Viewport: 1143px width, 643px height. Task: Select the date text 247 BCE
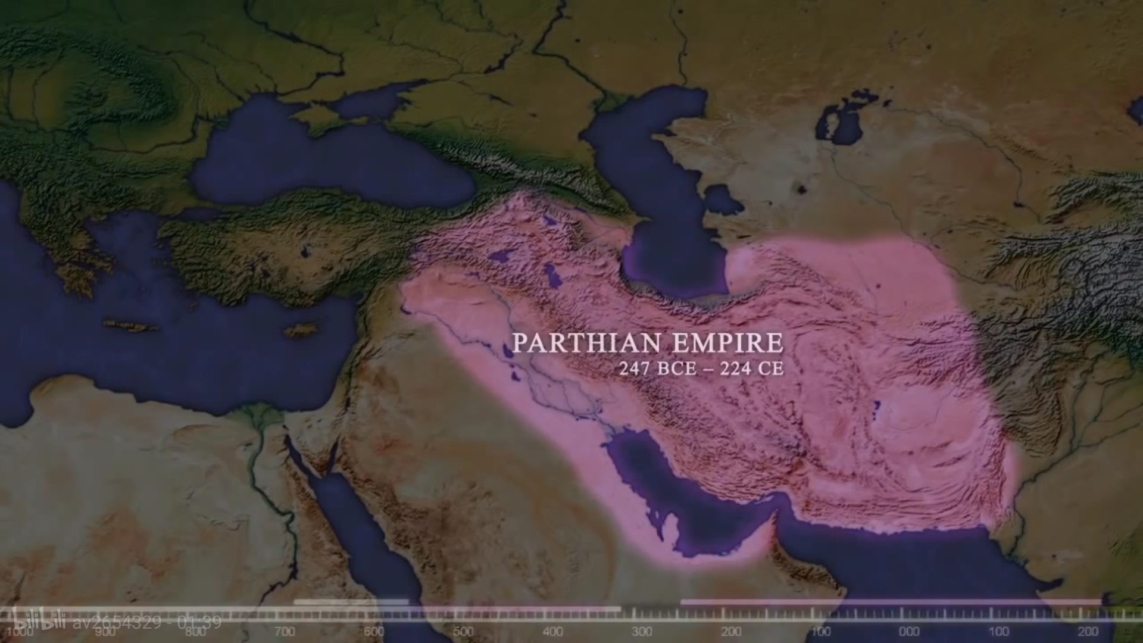coord(657,369)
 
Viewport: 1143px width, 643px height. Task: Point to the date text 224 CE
coord(751,369)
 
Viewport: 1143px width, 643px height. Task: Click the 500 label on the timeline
coord(463,632)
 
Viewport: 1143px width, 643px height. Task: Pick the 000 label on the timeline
coord(909,632)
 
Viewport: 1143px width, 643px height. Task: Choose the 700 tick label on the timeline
coord(285,632)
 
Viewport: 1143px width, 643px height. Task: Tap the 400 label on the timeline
coord(552,632)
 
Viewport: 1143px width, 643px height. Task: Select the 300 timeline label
coord(642,632)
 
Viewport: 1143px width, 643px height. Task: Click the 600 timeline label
coord(374,632)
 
